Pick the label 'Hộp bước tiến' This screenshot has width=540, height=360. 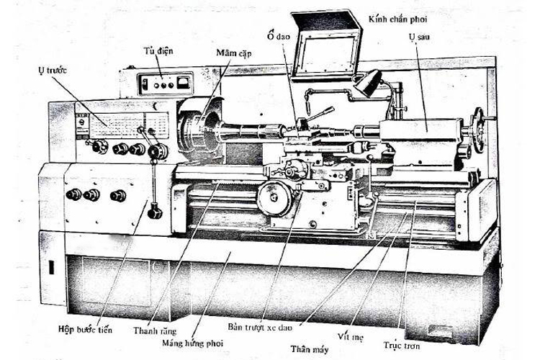85,330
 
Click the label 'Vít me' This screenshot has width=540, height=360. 352,336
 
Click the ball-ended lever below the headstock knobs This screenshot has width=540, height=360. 153,211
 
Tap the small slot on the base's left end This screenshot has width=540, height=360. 51,267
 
